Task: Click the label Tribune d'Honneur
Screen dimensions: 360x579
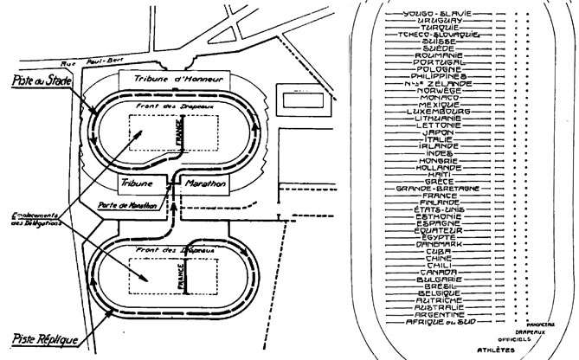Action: pos(172,79)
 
